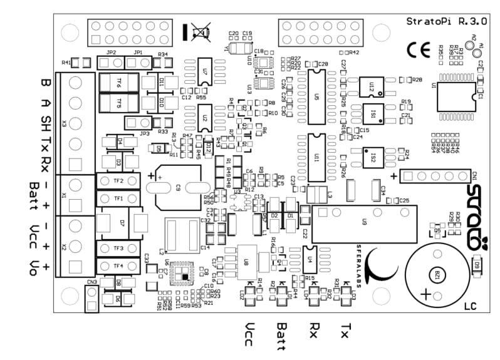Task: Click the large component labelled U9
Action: pos(365,223)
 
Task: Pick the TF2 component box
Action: pos(118,181)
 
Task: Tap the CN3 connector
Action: pos(91,297)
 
